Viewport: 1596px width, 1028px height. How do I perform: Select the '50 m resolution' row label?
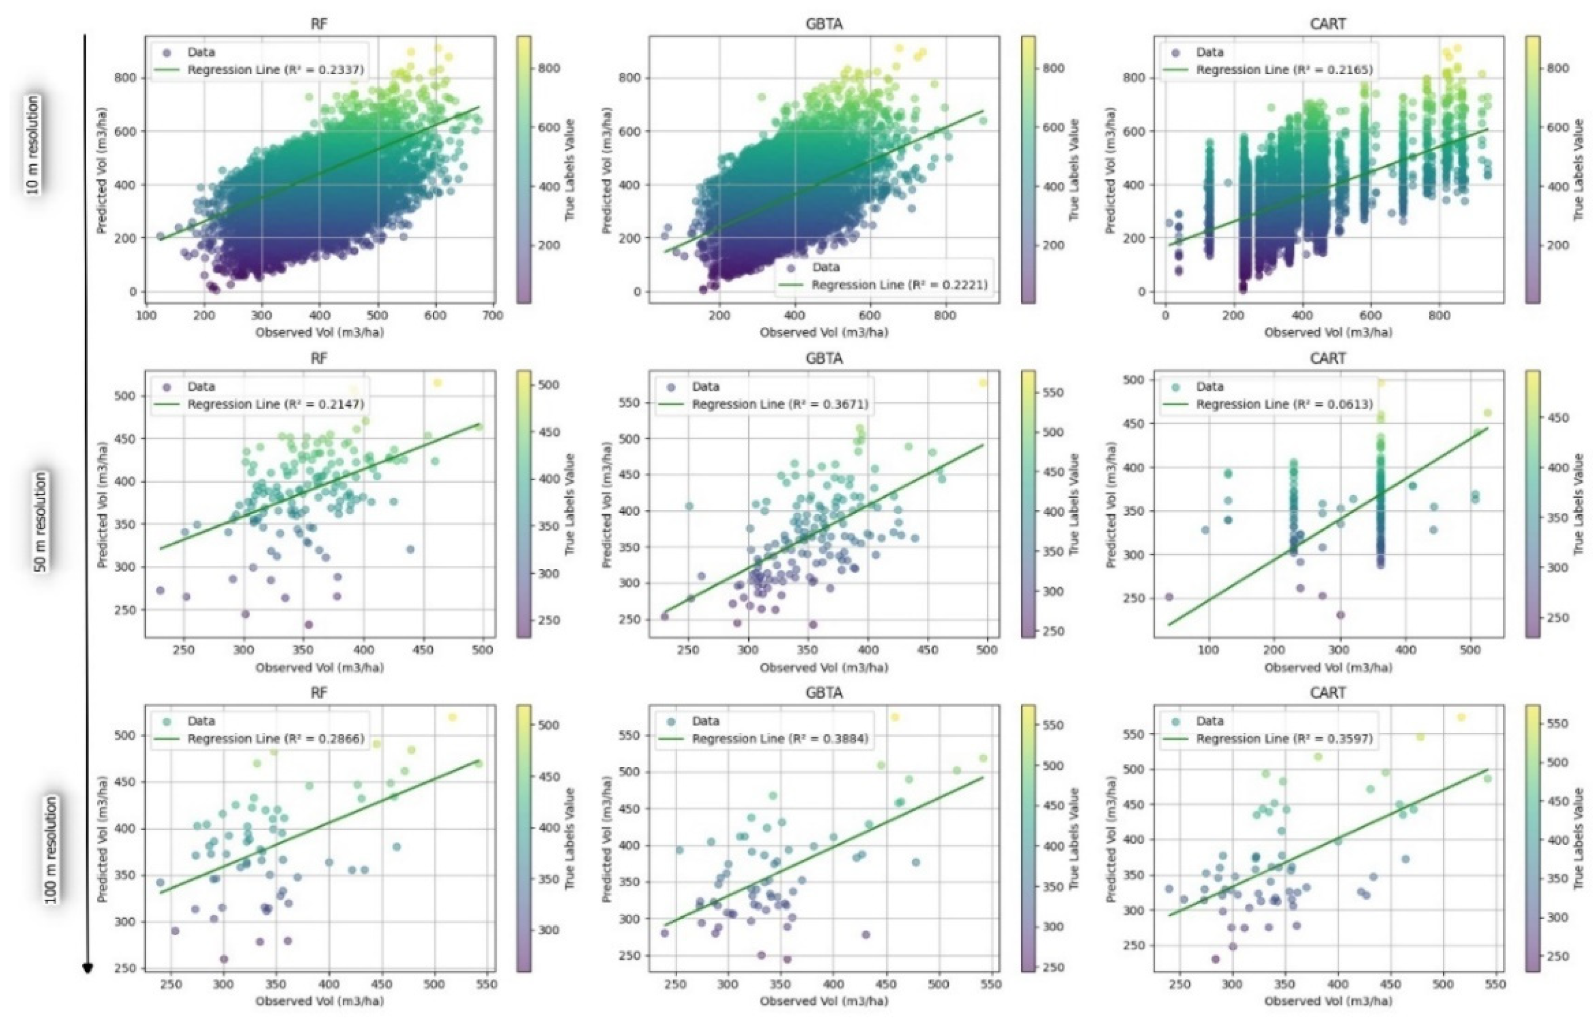pyautogui.click(x=40, y=522)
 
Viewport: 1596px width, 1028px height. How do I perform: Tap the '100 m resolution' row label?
pyautogui.click(x=51, y=850)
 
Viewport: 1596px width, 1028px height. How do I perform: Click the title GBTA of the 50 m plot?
pyautogui.click(x=824, y=358)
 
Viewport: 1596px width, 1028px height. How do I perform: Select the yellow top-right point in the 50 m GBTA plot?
pyautogui.click(x=982, y=383)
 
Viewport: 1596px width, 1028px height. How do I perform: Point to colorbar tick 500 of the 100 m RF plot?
pyautogui.click(x=549, y=725)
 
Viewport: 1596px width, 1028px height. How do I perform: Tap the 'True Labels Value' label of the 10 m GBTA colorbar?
pyautogui.click(x=1074, y=170)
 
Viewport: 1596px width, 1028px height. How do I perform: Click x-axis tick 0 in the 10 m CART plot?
pyautogui.click(x=1165, y=315)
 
